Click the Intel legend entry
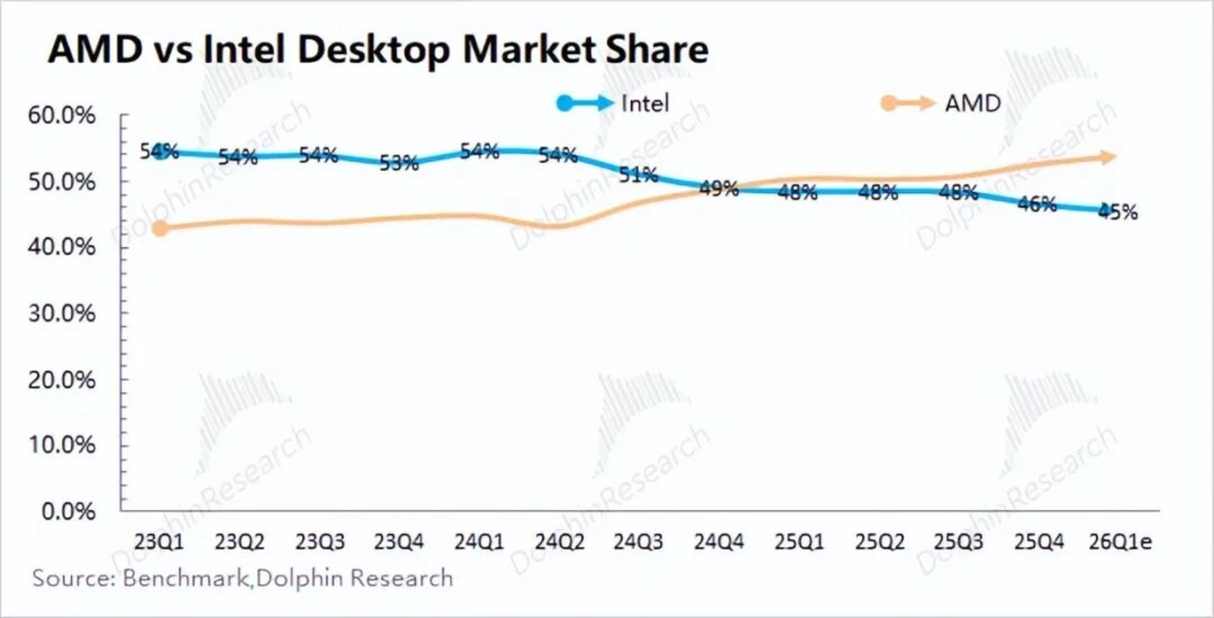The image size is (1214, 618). point(613,103)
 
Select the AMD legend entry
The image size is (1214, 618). point(941,103)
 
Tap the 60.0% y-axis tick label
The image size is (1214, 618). point(62,116)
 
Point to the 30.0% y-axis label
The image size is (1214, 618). point(62,314)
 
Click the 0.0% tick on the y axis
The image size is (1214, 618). point(68,511)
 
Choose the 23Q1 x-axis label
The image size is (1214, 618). point(159,541)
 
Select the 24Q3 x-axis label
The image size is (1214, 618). point(638,541)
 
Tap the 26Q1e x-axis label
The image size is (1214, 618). point(1120,541)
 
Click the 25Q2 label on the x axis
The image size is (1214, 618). point(880,541)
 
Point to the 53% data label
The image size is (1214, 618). point(399,163)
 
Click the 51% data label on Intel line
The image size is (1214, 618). point(639,175)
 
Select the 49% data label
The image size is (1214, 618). point(719,189)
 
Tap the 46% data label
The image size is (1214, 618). point(1038,204)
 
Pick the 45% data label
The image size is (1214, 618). point(1118,212)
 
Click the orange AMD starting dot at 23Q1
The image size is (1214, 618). point(160,228)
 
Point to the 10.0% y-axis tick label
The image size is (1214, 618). point(62,445)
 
